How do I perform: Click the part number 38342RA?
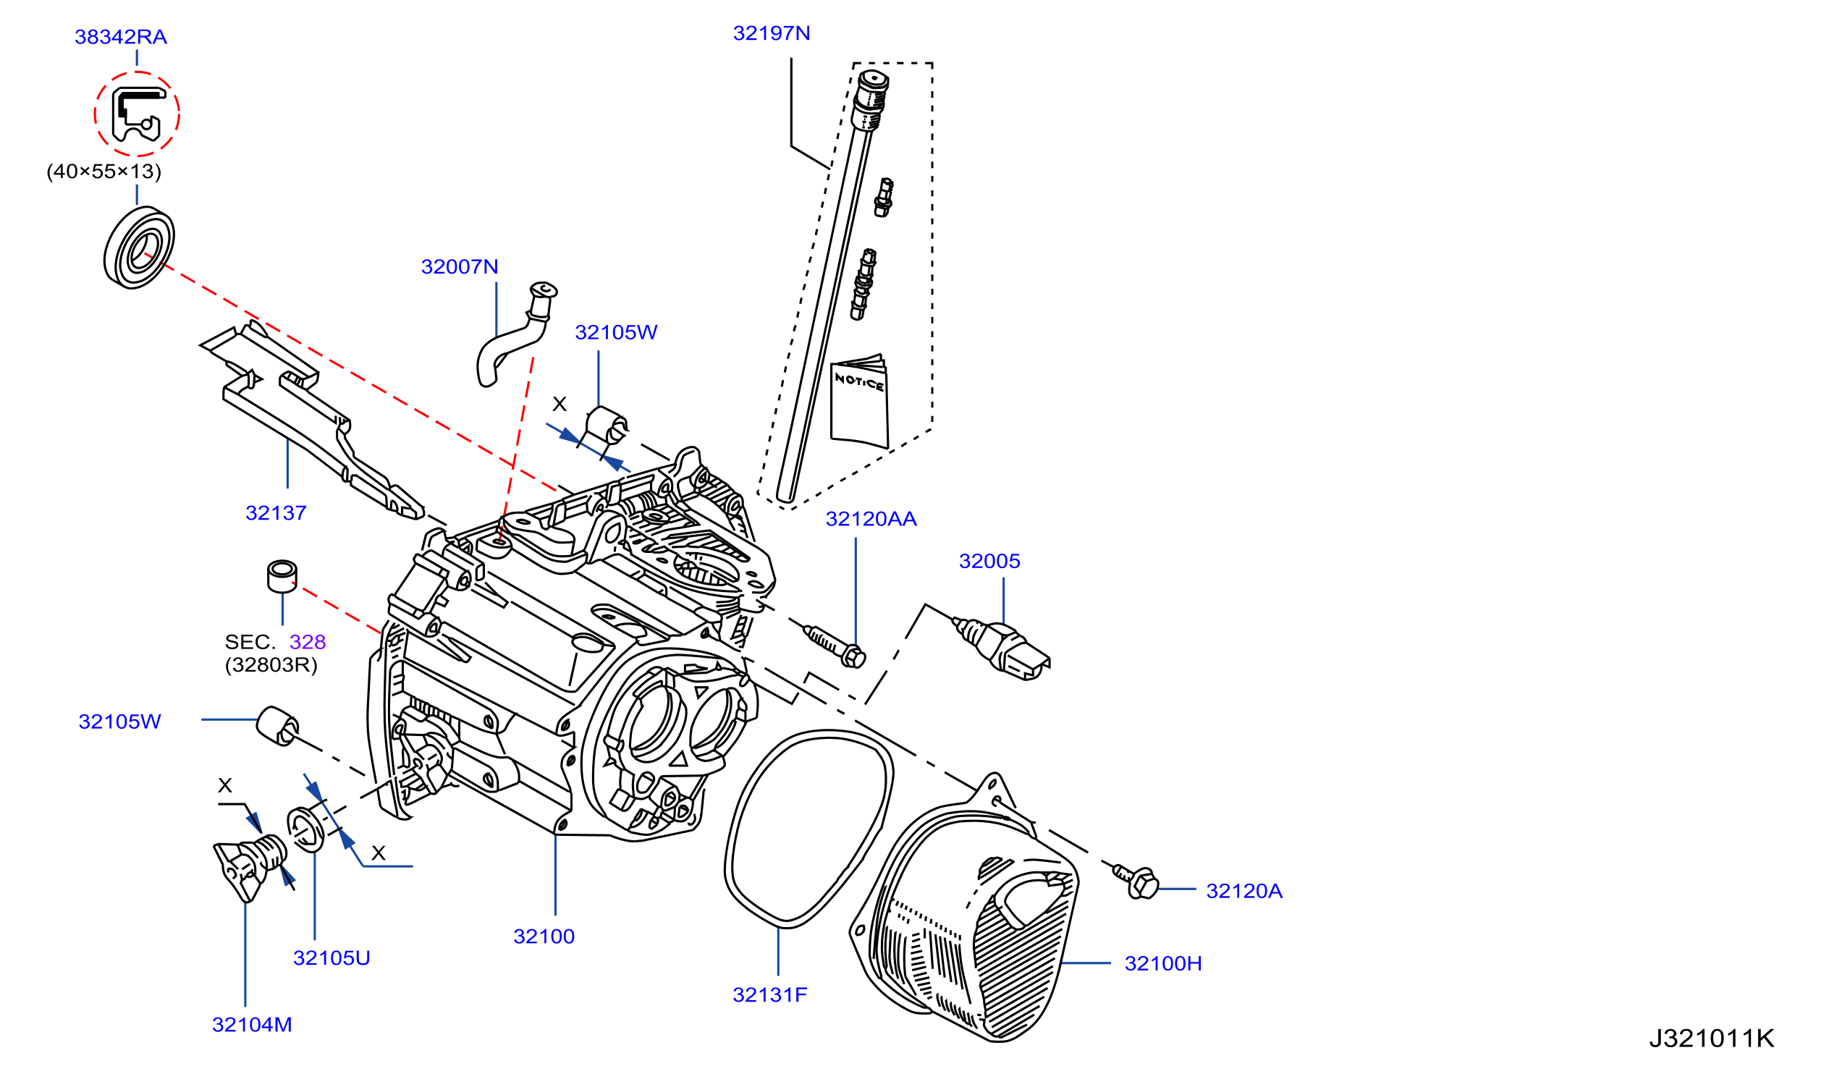[x=121, y=37]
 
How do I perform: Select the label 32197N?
[x=772, y=33]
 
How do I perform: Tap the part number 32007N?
[x=460, y=266]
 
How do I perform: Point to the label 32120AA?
[x=871, y=519]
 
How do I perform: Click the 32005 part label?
[x=990, y=561]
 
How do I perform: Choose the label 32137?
[x=276, y=513]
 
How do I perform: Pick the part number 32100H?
[x=1163, y=963]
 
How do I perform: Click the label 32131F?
[x=770, y=995]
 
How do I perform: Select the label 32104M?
[x=252, y=1025]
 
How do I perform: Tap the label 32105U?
[x=332, y=958]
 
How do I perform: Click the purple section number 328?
[x=308, y=642]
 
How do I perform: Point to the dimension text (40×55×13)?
[x=104, y=172]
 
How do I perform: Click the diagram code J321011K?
[x=1712, y=1038]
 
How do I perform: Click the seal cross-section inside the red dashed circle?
[x=137, y=115]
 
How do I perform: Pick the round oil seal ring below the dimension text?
[x=139, y=248]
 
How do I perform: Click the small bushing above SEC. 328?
[x=282, y=576]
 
